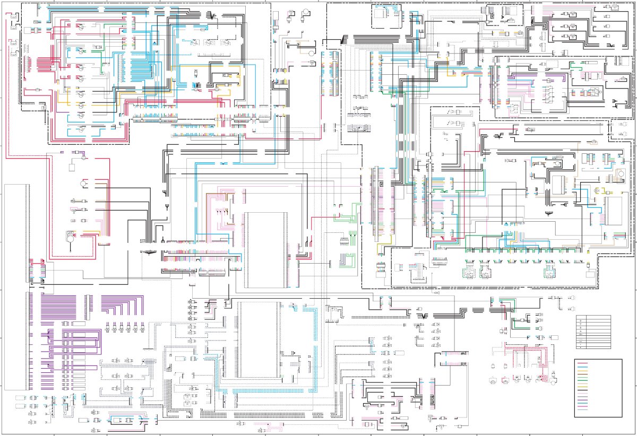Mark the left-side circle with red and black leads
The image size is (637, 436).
83,183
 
